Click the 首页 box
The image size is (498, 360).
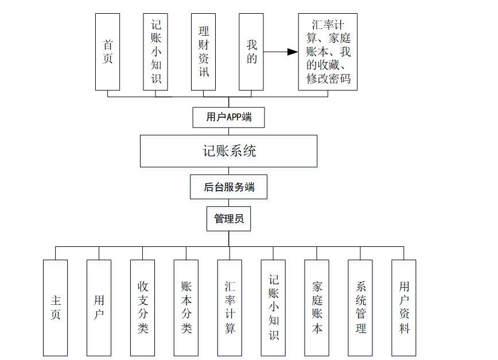point(108,52)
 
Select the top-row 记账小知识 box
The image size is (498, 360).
point(155,52)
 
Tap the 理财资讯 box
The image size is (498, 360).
point(204,52)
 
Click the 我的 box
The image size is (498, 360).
point(251,52)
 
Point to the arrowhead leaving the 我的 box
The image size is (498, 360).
point(293,52)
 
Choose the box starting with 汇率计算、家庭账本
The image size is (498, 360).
point(328,52)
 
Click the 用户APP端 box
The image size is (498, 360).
point(228,117)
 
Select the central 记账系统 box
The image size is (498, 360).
point(228,151)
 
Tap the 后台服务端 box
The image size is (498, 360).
point(228,187)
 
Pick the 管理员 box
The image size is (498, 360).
point(228,219)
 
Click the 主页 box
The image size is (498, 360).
point(56,308)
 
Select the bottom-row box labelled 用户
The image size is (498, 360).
point(99,308)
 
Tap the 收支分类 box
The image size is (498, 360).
point(143,308)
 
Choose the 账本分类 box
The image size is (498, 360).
point(186,308)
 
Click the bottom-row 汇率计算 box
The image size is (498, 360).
point(229,308)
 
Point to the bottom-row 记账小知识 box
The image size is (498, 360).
point(273,308)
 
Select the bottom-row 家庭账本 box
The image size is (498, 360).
point(317,308)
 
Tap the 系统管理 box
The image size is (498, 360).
point(360,308)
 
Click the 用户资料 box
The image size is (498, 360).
point(404,308)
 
